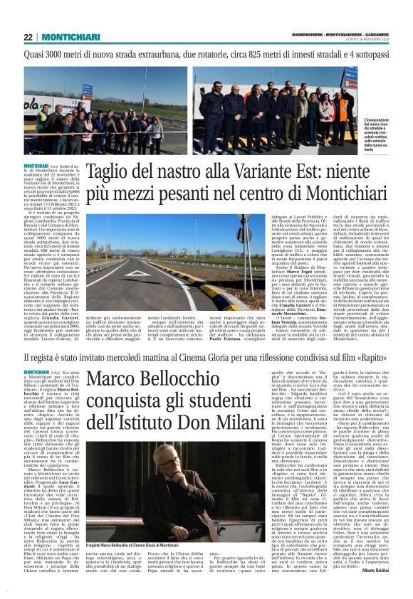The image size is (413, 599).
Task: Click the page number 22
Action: pyautogui.click(x=28, y=37)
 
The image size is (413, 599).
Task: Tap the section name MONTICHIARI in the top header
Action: pyautogui.click(x=65, y=37)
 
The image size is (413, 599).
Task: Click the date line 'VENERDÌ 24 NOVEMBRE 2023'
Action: pyautogui.click(x=360, y=41)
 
